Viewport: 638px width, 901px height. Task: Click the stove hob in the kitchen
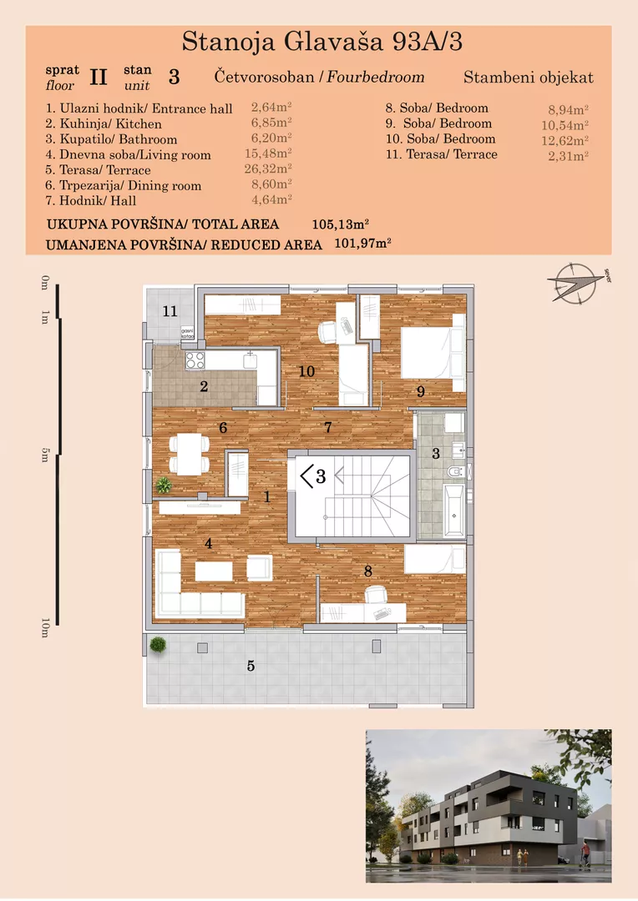[x=195, y=360]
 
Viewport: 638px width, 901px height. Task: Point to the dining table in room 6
[x=190, y=454]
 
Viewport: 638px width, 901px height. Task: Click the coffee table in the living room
[x=214, y=571]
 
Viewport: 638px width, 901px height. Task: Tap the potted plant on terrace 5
[x=157, y=644]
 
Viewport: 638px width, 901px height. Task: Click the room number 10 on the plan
[x=306, y=370]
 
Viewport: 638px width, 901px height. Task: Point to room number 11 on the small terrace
[x=170, y=311]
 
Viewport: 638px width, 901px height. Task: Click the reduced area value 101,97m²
[x=363, y=244]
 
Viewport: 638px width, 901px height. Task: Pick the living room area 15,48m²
[x=271, y=154]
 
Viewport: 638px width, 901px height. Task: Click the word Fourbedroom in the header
[x=375, y=78]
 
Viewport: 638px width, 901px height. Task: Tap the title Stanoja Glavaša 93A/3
[x=322, y=42]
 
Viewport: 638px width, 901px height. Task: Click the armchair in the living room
[x=259, y=568]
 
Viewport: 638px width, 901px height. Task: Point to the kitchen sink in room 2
[x=250, y=360]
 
